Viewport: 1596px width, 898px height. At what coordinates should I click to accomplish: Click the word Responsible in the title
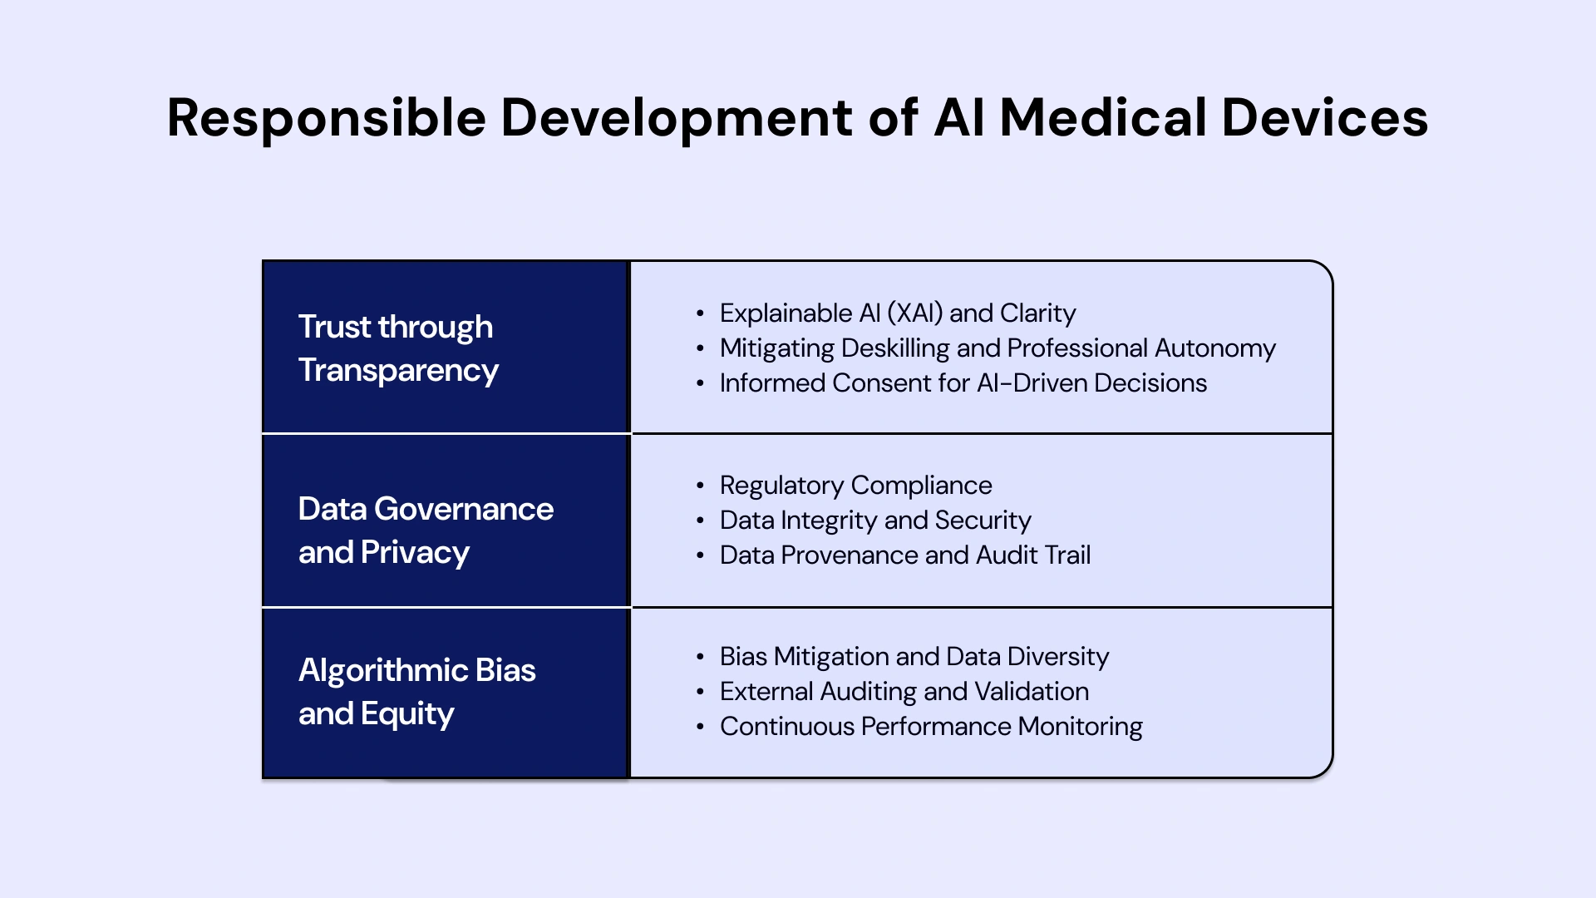click(x=326, y=118)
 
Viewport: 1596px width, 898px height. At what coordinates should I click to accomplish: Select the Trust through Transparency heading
click(x=398, y=348)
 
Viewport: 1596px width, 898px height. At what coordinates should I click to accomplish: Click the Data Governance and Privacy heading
click(x=426, y=530)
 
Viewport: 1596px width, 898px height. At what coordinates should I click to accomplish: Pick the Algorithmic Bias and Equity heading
click(x=416, y=692)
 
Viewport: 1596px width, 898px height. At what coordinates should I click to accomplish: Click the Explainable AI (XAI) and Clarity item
click(x=897, y=313)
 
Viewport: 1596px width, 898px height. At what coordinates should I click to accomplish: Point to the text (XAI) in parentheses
click(x=915, y=313)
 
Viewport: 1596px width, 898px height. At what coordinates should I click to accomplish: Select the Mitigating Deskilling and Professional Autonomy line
click(x=997, y=348)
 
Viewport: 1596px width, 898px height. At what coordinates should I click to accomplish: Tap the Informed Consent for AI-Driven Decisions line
click(x=963, y=383)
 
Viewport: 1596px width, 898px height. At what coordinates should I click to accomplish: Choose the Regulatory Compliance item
click(x=855, y=486)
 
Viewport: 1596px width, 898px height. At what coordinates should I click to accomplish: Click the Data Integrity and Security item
click(x=874, y=521)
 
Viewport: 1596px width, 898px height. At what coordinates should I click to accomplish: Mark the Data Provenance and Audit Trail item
click(x=904, y=555)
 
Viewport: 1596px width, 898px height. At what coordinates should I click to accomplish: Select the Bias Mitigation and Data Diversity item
click(x=914, y=657)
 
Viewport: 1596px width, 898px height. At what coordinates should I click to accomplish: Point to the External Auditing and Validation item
click(x=904, y=692)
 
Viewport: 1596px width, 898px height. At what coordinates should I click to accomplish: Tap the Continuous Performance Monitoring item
click(x=930, y=727)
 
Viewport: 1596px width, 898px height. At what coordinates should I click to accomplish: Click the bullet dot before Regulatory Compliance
click(x=701, y=486)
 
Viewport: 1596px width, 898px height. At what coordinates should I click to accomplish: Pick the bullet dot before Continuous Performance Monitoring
click(x=701, y=727)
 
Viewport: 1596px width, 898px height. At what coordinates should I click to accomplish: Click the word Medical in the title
click(x=1102, y=118)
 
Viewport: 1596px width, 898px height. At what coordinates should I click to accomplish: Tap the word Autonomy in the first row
click(x=1214, y=348)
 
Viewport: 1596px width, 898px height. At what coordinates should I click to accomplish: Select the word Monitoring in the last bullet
click(x=1080, y=727)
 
